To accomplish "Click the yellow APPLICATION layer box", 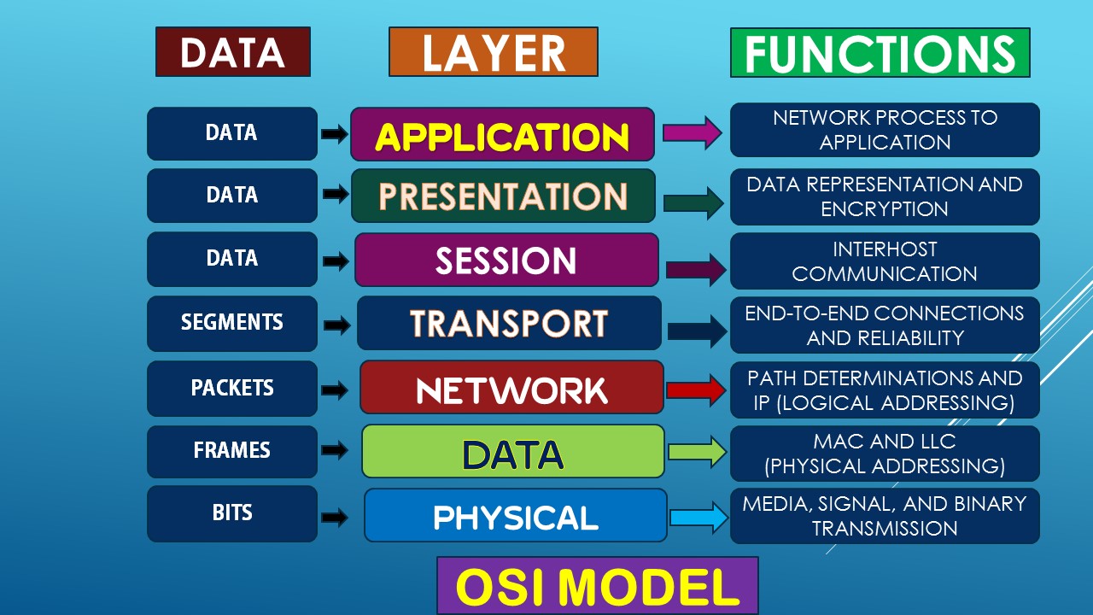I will pos(502,134).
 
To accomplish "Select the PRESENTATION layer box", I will pos(503,196).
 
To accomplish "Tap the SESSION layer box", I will pos(506,260).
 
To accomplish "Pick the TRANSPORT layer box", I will pos(509,323).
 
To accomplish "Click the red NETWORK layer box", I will pos(511,388).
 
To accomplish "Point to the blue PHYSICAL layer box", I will pos(515,515).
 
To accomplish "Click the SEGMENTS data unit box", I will pos(231,323).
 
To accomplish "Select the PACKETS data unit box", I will pos(231,388).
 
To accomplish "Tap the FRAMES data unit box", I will pos(231,450).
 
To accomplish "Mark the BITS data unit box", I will pos(231,513).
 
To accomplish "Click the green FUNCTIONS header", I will pos(880,53).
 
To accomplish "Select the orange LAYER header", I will pos(493,52).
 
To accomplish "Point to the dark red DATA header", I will pos(232,52).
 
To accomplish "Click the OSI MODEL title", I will pos(597,586).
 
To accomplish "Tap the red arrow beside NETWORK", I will pos(695,389).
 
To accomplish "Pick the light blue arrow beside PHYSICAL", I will pos(698,517).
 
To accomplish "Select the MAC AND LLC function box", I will pos(885,454).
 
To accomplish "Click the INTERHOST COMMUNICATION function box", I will pos(885,261).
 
